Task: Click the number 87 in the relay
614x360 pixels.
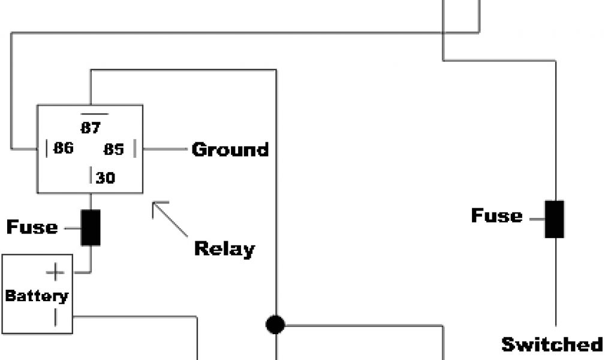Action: tap(91, 128)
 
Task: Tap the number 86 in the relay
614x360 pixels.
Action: tap(63, 148)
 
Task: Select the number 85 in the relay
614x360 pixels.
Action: tap(113, 149)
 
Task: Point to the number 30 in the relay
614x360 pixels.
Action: tap(105, 178)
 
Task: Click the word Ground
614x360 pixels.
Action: tap(230, 149)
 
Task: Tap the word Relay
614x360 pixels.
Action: tap(224, 248)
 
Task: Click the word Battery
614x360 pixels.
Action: tap(37, 296)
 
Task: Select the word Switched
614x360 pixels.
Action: tap(552, 344)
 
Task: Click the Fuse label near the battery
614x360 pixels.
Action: tap(32, 227)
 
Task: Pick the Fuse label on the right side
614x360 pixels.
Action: tap(496, 215)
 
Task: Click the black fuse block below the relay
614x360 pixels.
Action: tap(91, 227)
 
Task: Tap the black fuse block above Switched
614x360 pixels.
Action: tap(555, 219)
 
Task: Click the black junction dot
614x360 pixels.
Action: tap(275, 325)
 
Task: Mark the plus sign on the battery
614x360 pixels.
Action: tap(55, 273)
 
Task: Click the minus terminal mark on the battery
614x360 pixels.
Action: tap(55, 316)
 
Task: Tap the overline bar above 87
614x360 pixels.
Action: tap(95, 113)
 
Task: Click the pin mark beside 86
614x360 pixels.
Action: tap(47, 148)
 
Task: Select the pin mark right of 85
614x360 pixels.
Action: tap(135, 149)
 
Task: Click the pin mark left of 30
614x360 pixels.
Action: tap(91, 176)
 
